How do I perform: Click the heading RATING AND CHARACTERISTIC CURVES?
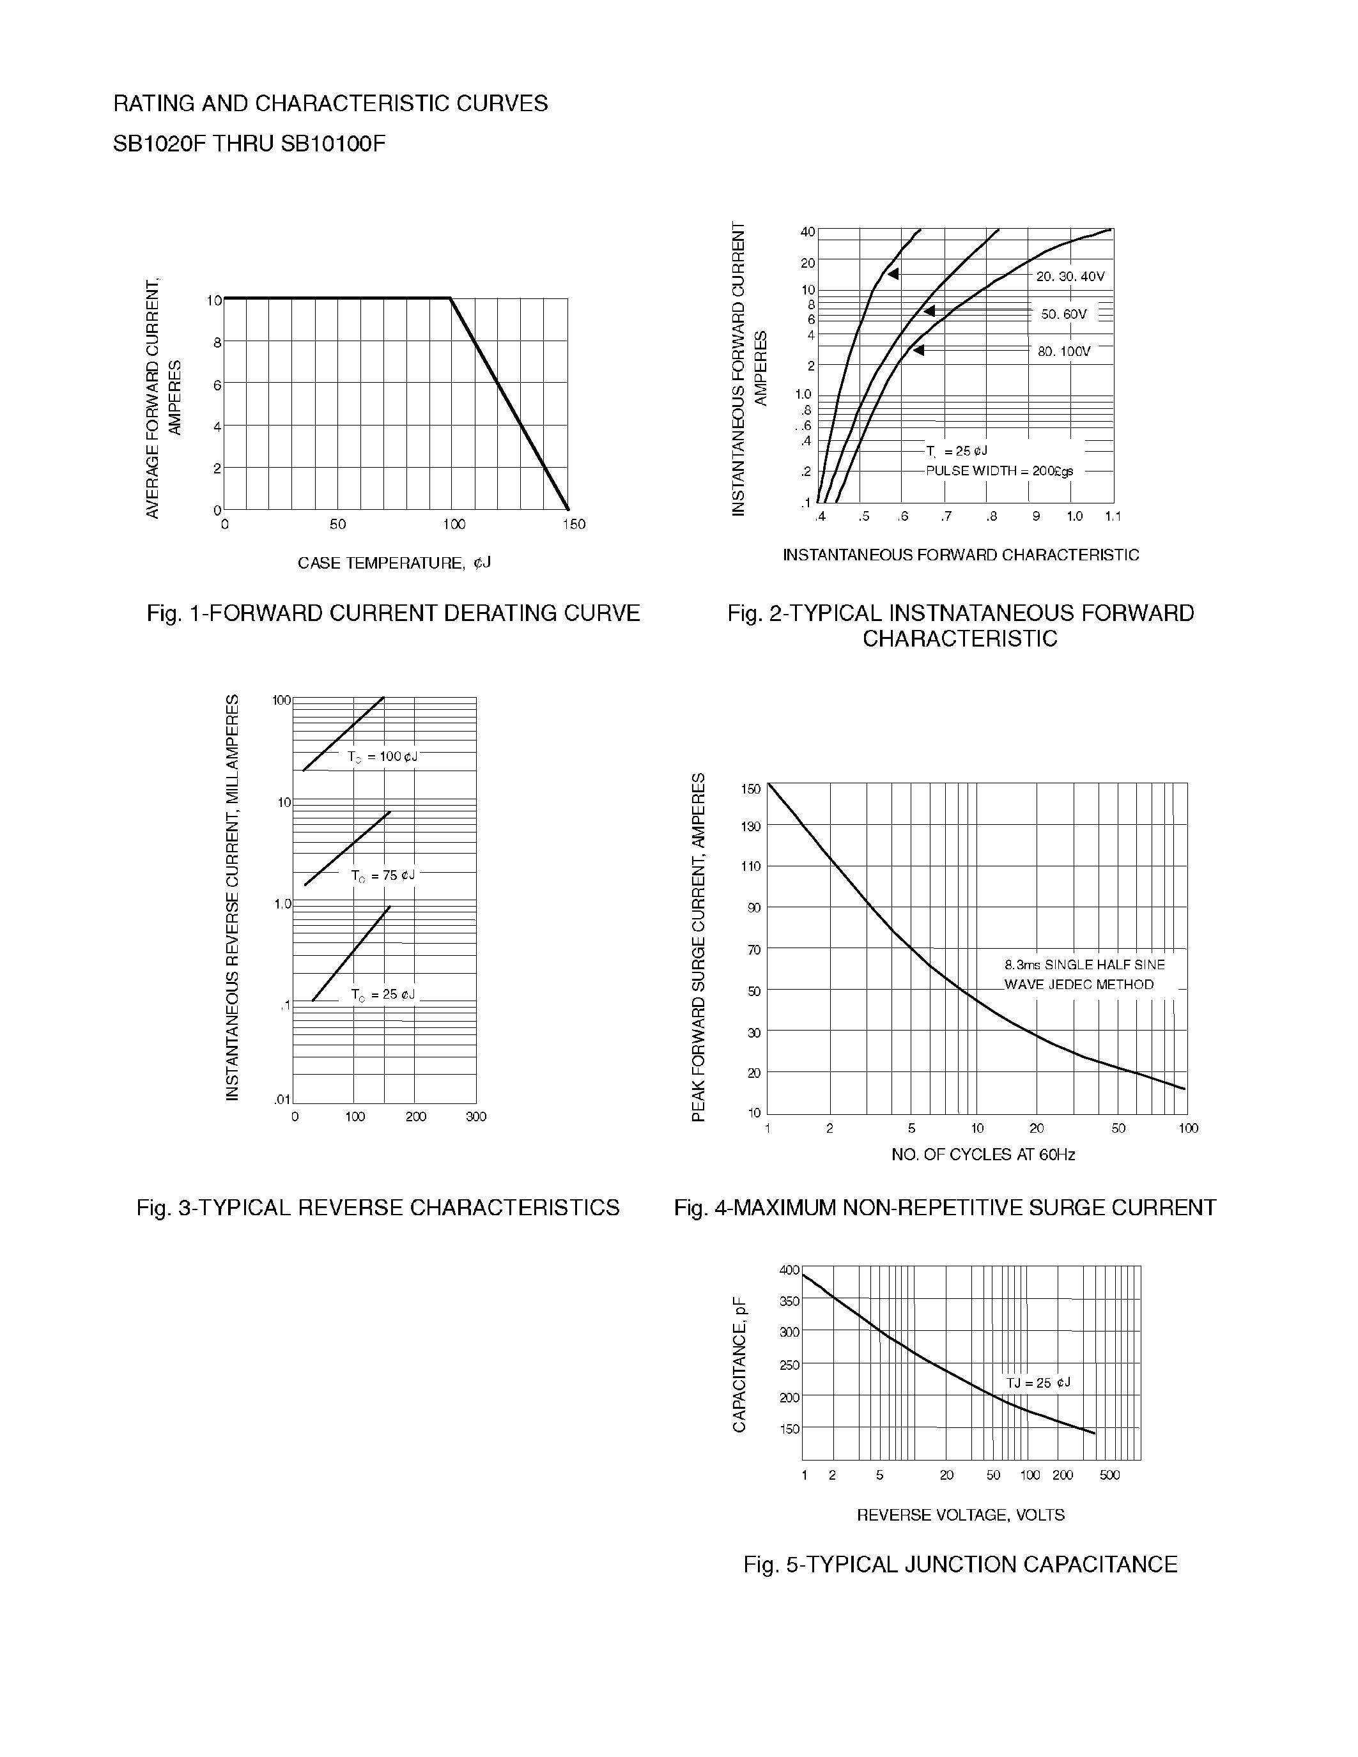tap(330, 104)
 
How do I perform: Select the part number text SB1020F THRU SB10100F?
tap(249, 144)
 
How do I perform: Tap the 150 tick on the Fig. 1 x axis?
tap(574, 525)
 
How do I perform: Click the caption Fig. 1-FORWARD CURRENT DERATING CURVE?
tap(392, 614)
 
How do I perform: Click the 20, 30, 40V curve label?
tap(1070, 277)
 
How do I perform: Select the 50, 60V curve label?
tap(1063, 314)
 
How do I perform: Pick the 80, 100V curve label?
tap(1063, 351)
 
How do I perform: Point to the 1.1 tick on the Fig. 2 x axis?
tap(1112, 516)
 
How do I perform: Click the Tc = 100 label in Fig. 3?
tap(382, 757)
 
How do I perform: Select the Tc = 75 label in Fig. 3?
tap(383, 875)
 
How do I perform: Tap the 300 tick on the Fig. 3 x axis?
tap(476, 1117)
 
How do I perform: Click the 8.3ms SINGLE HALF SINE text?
tap(1084, 965)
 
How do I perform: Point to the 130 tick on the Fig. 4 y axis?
tap(751, 826)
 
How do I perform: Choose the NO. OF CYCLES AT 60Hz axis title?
tap(982, 1155)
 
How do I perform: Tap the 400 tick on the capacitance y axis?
tap(789, 1270)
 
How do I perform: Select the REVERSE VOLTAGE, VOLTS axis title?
tap(960, 1515)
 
